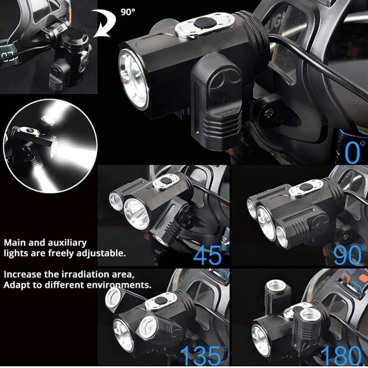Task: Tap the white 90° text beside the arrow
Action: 128,12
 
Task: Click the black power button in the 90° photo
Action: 305,187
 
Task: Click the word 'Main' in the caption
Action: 13,243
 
